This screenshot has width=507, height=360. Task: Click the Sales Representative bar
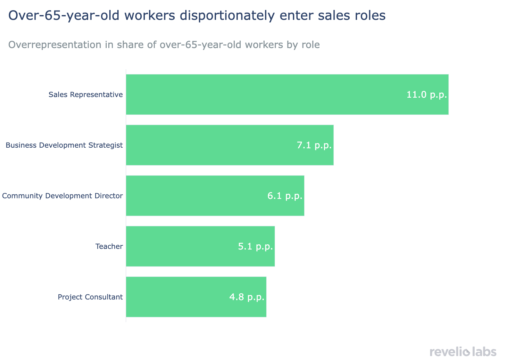pyautogui.click(x=256, y=94)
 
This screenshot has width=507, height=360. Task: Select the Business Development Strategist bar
pyautogui.click(x=208, y=145)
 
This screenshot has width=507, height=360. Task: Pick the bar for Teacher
pyautogui.click(x=179, y=246)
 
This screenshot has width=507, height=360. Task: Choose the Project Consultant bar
pyautogui.click(x=176, y=297)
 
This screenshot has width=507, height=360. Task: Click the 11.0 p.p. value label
pyautogui.click(x=427, y=95)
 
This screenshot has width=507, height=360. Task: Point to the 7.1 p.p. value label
pyautogui.click(x=314, y=145)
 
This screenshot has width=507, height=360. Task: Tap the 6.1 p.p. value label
pyautogui.click(x=285, y=196)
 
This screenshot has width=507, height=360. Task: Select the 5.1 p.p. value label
pyautogui.click(x=255, y=247)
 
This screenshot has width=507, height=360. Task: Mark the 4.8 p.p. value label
pyautogui.click(x=247, y=297)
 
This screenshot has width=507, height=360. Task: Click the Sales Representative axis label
pyautogui.click(x=86, y=95)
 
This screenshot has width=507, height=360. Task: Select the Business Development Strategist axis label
pyautogui.click(x=64, y=145)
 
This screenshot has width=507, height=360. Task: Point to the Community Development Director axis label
pyautogui.click(x=62, y=196)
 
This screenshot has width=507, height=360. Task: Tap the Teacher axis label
pyautogui.click(x=109, y=247)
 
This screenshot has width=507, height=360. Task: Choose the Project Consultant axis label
pyautogui.click(x=90, y=297)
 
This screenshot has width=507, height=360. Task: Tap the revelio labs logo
pyautogui.click(x=463, y=352)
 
